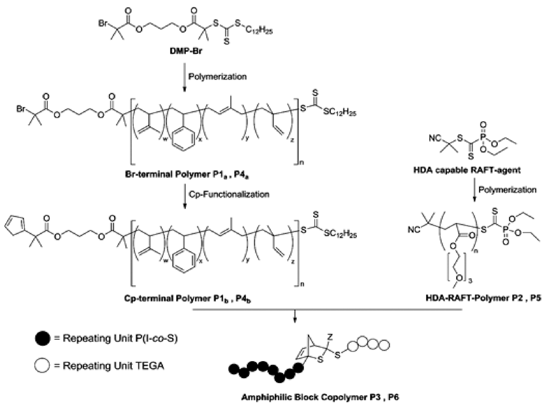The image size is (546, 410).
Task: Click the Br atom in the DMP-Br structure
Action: [x=102, y=21]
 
